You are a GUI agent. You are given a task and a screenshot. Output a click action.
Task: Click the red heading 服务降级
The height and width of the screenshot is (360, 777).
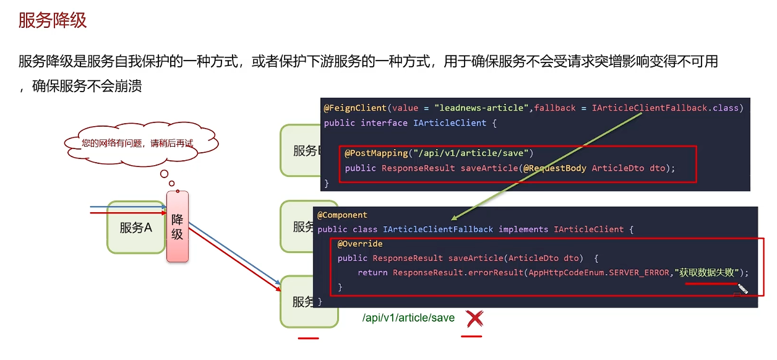tap(53, 20)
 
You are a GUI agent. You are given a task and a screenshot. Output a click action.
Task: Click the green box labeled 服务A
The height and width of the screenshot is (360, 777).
tap(136, 227)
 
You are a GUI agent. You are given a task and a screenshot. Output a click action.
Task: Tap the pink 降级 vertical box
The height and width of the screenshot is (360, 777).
tap(178, 226)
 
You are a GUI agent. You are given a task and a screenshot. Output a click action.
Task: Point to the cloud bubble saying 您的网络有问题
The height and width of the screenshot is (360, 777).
tap(137, 143)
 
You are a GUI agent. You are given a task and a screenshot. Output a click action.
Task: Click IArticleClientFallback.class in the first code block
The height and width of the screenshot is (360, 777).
tap(666, 108)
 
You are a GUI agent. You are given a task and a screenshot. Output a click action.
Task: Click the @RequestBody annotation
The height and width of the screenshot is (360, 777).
tap(555, 168)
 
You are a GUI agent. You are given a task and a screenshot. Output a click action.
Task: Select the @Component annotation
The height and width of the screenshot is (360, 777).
tap(342, 215)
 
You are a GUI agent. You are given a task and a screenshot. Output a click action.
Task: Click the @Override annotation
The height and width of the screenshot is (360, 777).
tap(360, 244)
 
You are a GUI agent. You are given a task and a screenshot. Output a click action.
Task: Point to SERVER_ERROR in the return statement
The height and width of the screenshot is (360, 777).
tap(638, 272)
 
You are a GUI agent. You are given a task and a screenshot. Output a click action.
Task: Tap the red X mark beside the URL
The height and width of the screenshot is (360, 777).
tap(474, 319)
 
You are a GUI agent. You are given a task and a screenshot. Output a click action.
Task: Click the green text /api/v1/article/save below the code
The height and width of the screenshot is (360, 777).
tap(408, 318)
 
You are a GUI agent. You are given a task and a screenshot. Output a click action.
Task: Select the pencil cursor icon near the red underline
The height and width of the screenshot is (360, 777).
tap(742, 288)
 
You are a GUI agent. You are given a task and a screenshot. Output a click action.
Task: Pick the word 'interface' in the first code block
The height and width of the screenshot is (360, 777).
tap(384, 122)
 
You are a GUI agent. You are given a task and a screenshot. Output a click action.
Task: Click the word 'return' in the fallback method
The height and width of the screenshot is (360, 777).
tap(372, 272)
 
